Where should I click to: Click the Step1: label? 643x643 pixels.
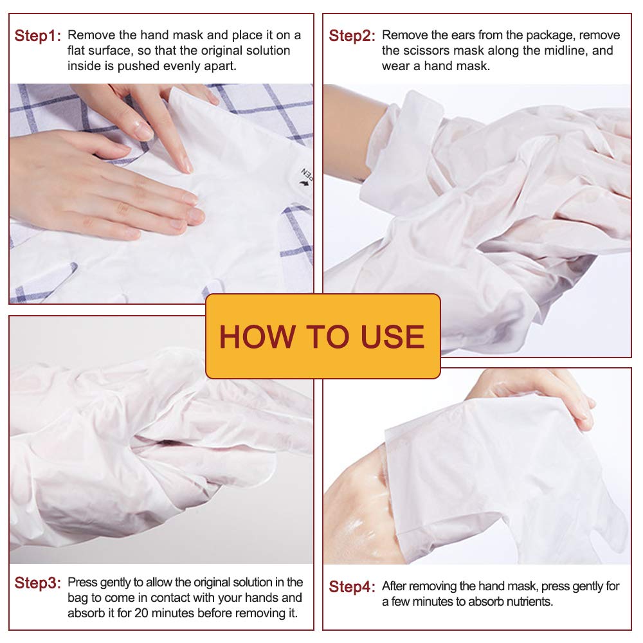pos(37,36)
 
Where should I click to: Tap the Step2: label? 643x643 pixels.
pos(352,36)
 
